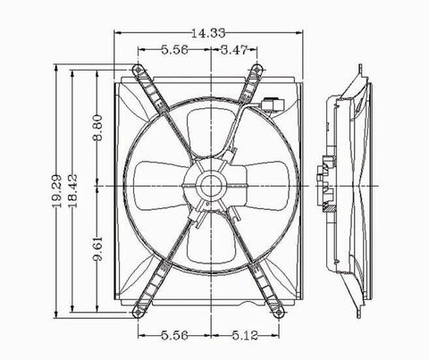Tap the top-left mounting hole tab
[137, 71]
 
